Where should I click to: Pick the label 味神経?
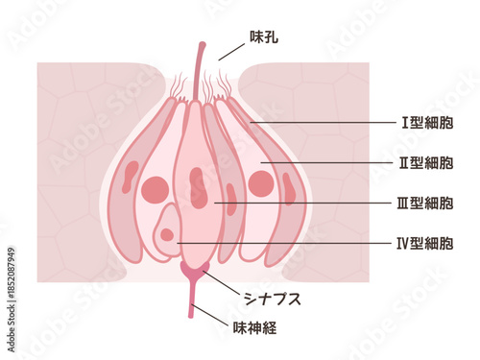[255, 328]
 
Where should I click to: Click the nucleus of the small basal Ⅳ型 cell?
[168, 234]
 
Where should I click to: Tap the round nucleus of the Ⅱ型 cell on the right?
[260, 182]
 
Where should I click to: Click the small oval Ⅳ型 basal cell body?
[168, 230]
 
